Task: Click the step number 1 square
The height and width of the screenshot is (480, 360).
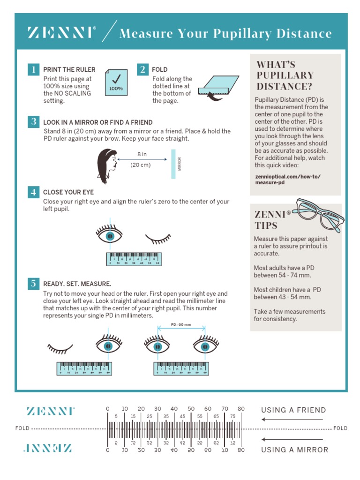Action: pos(33,69)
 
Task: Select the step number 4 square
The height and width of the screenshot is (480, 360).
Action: pos(33,192)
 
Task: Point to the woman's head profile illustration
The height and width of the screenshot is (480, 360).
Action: pos(106,166)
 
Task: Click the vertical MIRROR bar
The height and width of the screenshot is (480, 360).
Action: pos(174,164)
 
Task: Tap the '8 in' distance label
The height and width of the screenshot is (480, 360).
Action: pos(142,154)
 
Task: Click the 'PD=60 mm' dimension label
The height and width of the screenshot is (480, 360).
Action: pos(181,324)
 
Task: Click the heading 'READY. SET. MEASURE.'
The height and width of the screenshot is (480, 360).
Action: pos(77,284)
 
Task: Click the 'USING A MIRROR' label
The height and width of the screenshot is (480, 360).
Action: pos(294,450)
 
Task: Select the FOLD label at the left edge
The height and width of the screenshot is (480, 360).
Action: pos(22,428)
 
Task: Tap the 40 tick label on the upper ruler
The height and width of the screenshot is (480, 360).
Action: pos(174,409)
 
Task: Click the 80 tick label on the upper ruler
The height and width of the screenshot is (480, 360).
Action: pos(241,409)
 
